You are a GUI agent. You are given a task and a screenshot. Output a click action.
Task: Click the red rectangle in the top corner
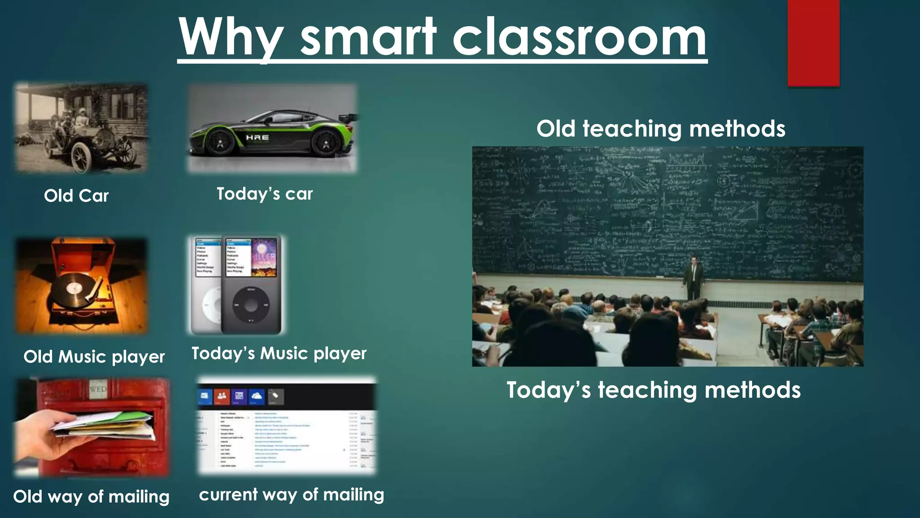pos(813,43)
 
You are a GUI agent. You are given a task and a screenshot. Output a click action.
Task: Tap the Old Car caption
pos(76,196)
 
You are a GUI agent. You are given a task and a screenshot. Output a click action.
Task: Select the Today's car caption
pos(265,194)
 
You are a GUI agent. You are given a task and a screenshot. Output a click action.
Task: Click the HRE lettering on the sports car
pos(257,137)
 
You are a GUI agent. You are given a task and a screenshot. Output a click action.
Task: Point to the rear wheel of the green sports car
pos(326,143)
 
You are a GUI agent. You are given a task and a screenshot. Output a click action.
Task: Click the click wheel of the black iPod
pos(251,305)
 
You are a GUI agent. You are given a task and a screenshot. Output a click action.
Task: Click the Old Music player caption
pos(94,357)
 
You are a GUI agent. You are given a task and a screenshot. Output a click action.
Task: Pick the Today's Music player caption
pos(279,353)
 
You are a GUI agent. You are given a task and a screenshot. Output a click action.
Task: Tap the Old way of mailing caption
pos(91,496)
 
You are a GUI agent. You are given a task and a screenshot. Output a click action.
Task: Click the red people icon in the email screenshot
pos(221,396)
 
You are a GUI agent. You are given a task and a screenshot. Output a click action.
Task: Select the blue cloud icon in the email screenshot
pos(257,396)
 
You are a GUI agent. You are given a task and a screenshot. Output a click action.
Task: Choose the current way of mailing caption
pos(292,495)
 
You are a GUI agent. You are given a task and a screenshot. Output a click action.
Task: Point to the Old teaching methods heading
pos(661,129)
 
